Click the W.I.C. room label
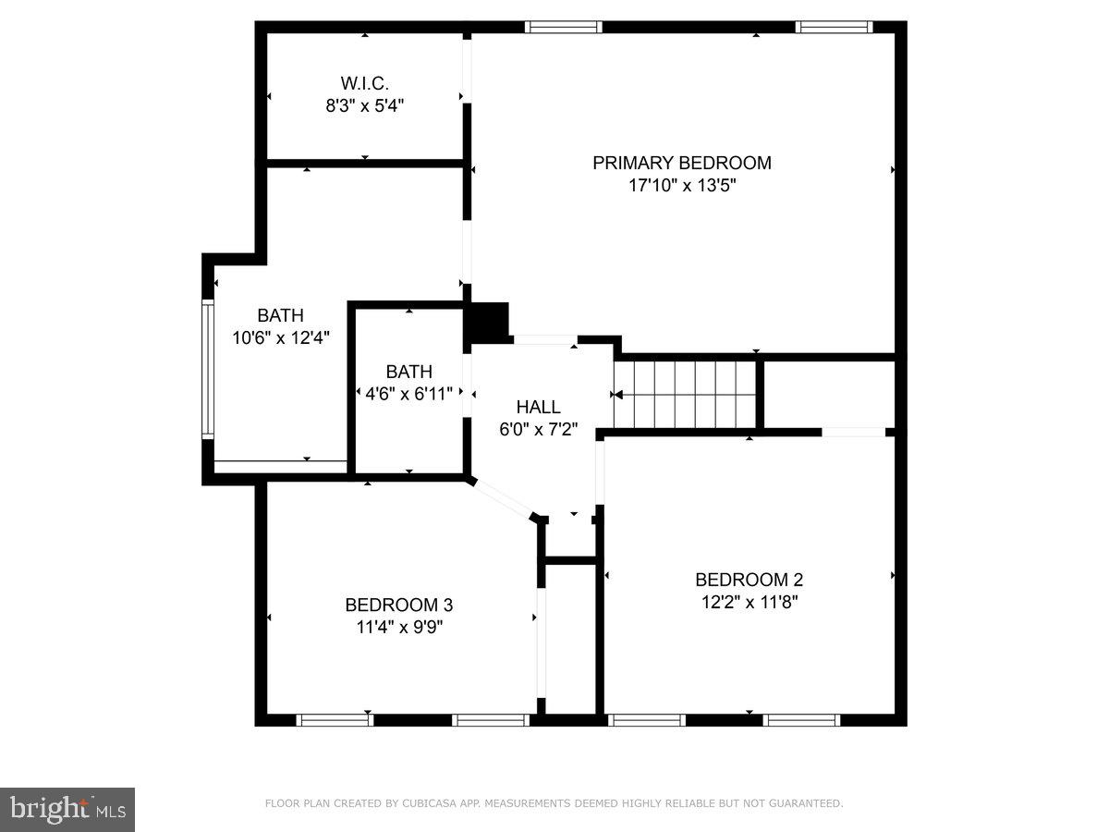click(x=364, y=83)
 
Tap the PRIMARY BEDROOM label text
click(x=681, y=164)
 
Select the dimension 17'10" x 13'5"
click(x=681, y=186)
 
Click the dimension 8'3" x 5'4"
click(x=364, y=105)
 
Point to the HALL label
click(x=538, y=407)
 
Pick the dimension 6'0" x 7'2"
click(x=538, y=429)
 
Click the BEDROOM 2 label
click(x=749, y=580)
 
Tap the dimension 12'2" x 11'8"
click(x=749, y=602)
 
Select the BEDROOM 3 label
click(x=398, y=605)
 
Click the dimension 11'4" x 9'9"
click(x=398, y=627)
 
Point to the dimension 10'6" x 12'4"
click(x=280, y=337)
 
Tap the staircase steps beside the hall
click(x=686, y=395)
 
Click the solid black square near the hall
click(x=490, y=321)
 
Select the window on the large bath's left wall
click(x=208, y=368)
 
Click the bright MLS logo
click(x=67, y=810)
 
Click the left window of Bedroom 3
click(x=334, y=719)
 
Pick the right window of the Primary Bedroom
click(x=835, y=27)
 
